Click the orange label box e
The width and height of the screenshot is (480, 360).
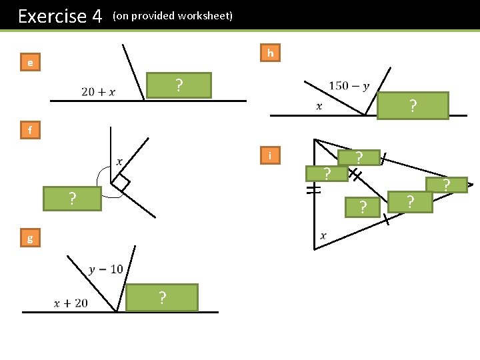(30, 63)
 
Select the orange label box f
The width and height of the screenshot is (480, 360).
(30, 130)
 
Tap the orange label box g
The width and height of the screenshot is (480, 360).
(30, 238)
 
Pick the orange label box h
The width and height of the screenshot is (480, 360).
(270, 53)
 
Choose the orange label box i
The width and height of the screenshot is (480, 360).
(270, 156)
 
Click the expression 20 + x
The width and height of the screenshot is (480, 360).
(98, 92)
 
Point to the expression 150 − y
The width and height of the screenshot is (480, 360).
(349, 86)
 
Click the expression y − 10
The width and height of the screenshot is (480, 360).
(106, 269)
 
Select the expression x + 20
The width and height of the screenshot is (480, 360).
(71, 303)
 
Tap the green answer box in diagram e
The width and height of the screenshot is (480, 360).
(179, 85)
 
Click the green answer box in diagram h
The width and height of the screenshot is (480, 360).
(413, 106)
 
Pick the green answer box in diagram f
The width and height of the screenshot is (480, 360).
(72, 199)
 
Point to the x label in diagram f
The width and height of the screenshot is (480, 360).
(120, 161)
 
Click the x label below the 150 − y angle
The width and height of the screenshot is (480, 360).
(319, 106)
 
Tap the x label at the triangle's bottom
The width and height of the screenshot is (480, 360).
(323, 235)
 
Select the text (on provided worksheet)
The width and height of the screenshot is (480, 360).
(173, 15)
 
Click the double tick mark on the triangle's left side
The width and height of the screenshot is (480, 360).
(314, 191)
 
